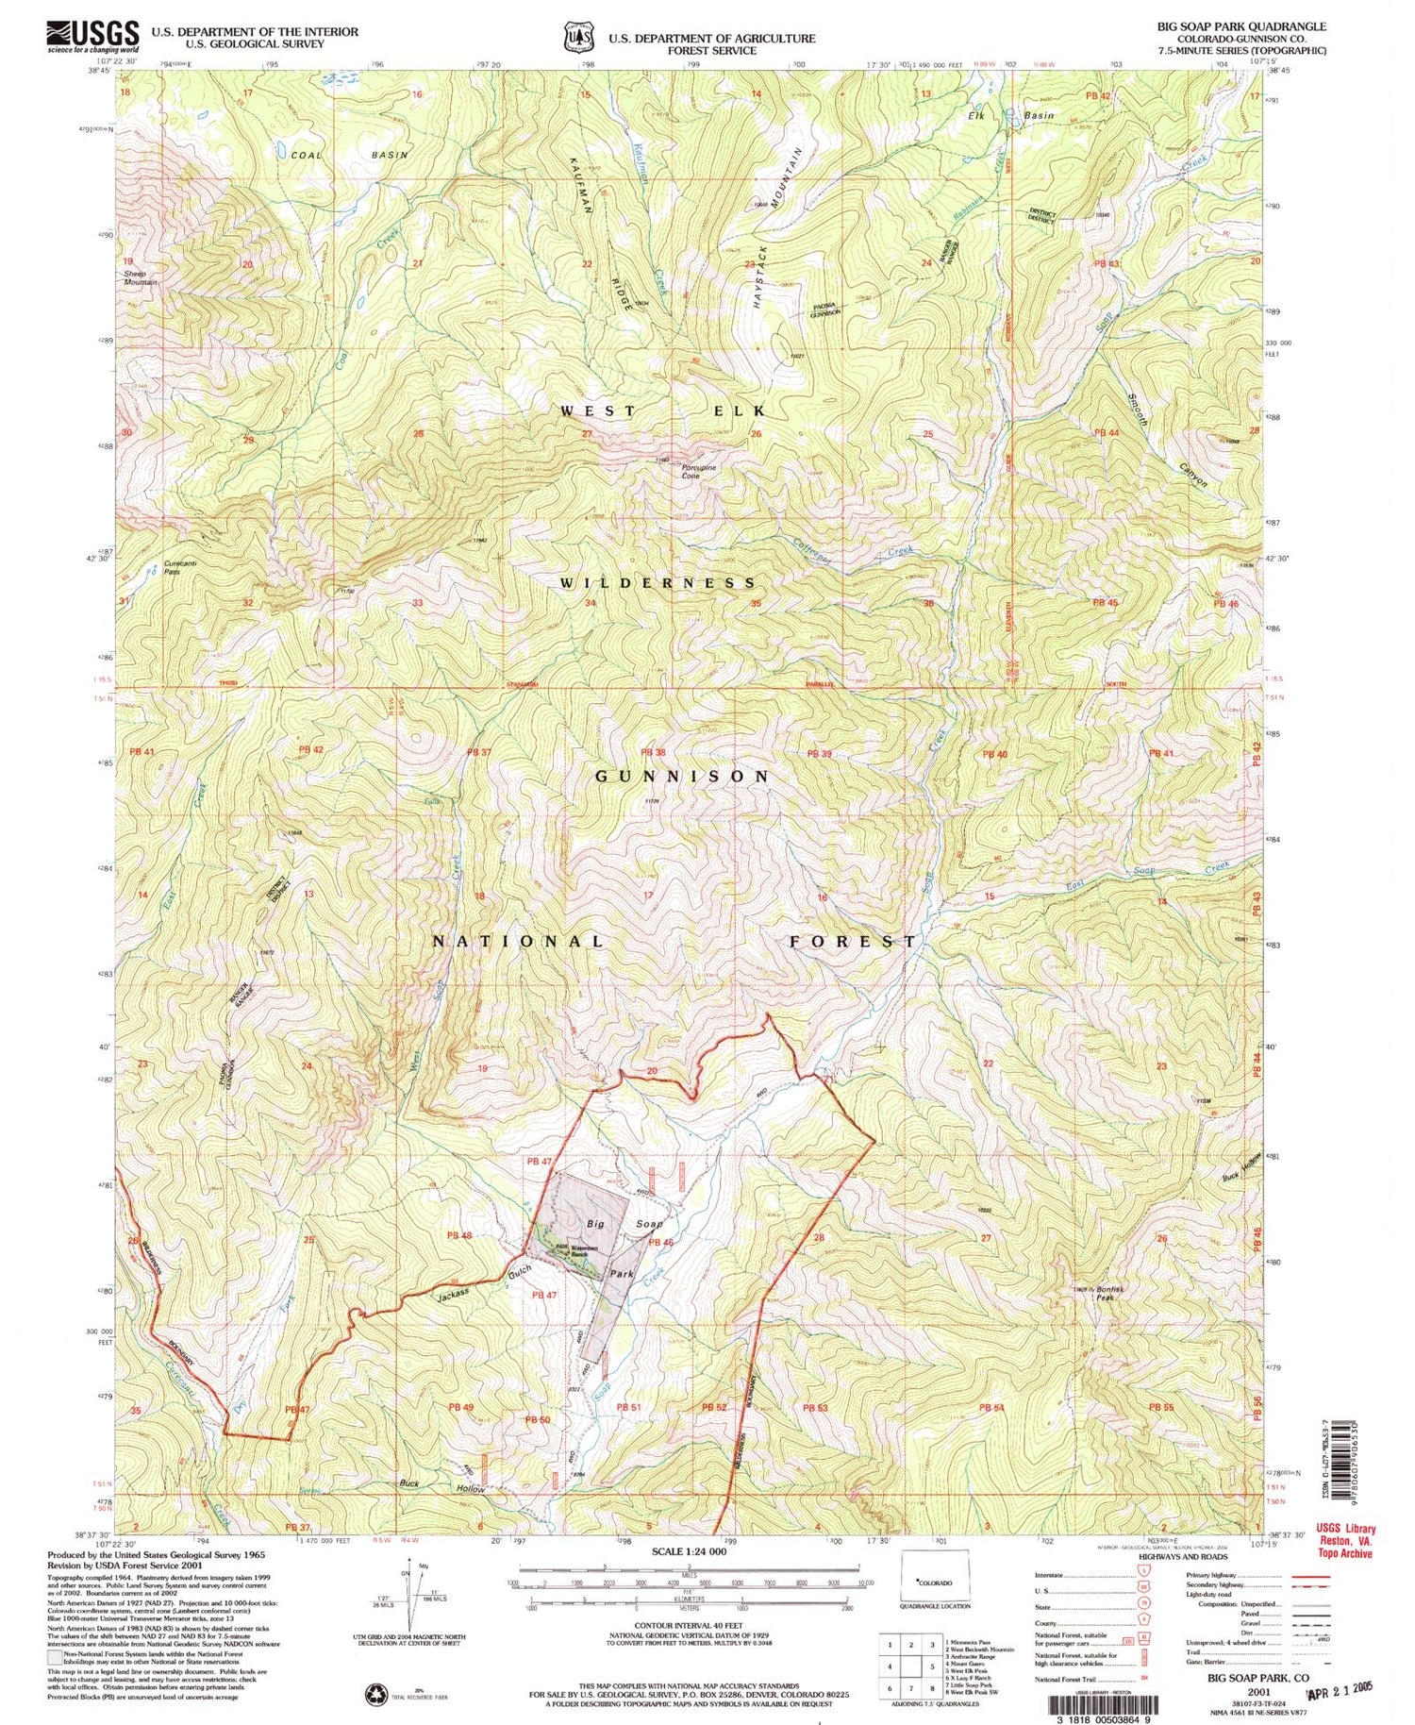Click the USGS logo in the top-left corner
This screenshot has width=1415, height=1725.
(x=92, y=37)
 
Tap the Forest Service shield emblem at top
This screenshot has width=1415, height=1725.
(x=577, y=37)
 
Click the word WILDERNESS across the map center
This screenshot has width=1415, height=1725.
(x=658, y=583)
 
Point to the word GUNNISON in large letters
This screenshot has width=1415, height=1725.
(x=682, y=775)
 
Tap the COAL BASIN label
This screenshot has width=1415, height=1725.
(x=349, y=155)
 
